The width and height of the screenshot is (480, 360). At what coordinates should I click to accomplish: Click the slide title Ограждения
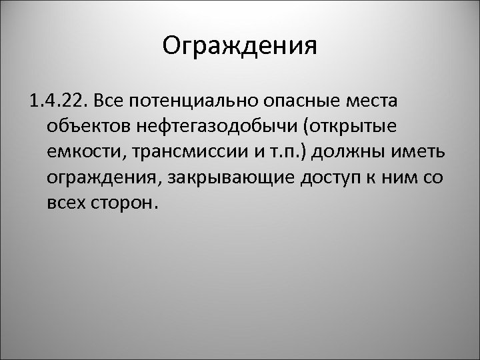(x=239, y=47)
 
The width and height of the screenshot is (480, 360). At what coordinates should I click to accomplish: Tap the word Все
(x=109, y=101)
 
